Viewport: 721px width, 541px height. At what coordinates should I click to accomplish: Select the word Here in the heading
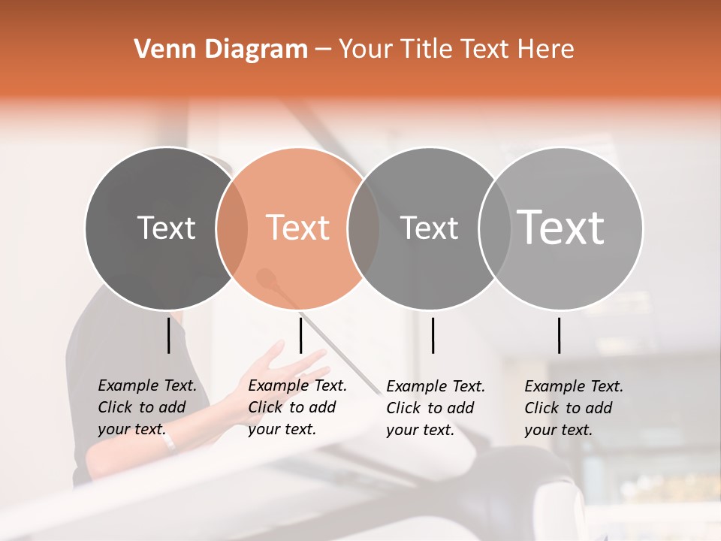point(548,50)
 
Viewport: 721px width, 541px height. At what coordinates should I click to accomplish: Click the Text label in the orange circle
point(298,228)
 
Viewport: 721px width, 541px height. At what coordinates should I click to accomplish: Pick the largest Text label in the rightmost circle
point(561,227)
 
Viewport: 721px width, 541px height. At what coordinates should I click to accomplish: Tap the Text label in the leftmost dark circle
point(167,228)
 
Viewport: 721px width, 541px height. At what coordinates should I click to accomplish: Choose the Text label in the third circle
point(429,228)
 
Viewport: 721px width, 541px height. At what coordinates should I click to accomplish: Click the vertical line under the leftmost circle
point(168,335)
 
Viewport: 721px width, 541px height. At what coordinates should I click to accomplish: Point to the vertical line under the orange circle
point(300,335)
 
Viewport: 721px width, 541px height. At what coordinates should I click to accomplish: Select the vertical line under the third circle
point(433,335)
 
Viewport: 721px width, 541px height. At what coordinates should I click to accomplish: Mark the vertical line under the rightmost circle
point(559,335)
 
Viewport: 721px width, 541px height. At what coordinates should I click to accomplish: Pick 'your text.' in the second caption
point(282,429)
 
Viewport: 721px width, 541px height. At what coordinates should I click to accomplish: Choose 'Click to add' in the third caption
point(430,408)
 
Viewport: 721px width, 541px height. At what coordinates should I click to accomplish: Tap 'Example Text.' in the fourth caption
point(574,386)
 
